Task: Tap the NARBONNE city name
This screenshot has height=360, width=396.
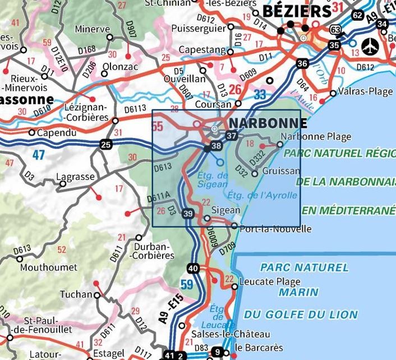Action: click(266, 123)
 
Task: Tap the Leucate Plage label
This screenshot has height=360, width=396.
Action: click(270, 282)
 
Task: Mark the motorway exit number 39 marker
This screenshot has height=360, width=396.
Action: click(188, 213)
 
